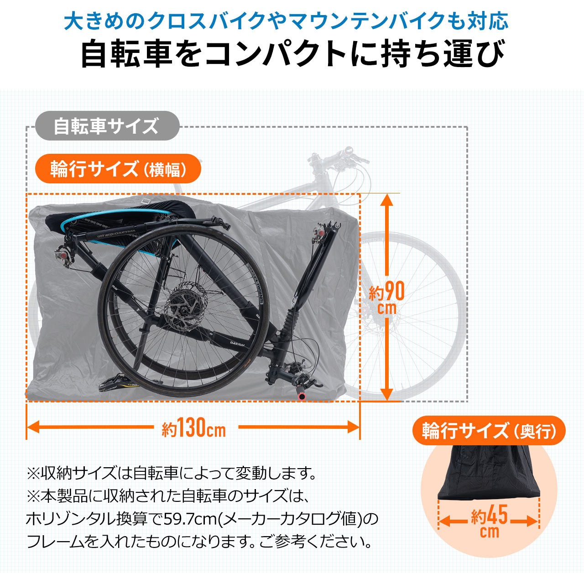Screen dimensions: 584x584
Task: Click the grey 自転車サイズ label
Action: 106,126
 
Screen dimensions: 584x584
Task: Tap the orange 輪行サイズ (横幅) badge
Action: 118,169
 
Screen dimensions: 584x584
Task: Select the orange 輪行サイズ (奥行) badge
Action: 489,431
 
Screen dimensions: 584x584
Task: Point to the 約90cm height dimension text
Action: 387,297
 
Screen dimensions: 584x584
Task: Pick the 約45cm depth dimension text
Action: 489,522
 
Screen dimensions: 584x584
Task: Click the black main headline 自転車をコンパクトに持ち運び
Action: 292,54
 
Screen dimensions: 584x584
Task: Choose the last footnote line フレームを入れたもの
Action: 198,542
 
